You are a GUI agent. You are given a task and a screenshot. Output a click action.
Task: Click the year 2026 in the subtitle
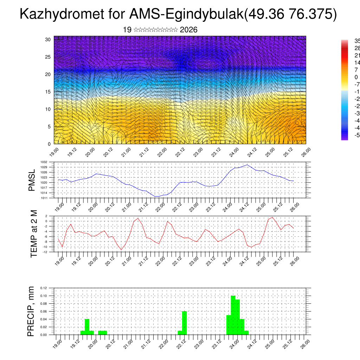(188, 30)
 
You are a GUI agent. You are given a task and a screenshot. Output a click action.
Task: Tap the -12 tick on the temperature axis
(45, 252)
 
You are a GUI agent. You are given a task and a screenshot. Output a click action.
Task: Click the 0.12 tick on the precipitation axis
(43, 288)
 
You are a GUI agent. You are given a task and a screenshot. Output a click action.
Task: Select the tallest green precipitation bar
(233, 315)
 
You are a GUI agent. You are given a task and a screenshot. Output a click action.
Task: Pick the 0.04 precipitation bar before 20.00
(87, 327)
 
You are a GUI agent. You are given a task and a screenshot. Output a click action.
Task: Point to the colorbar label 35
(357, 41)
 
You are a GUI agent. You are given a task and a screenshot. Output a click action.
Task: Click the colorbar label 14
(357, 63)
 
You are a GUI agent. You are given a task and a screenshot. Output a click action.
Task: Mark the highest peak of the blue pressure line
(247, 165)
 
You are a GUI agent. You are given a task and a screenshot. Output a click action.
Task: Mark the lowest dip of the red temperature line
(122, 250)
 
